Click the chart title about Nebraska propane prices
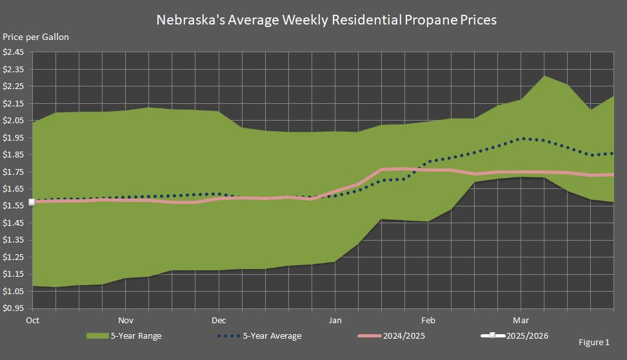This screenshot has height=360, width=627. click(x=326, y=20)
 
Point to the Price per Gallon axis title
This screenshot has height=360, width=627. click(x=35, y=37)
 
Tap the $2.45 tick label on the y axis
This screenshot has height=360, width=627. click(x=14, y=52)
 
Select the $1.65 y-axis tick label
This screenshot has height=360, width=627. click(x=14, y=189)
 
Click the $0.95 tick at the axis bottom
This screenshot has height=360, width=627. click(x=14, y=308)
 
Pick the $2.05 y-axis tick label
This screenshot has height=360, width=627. click(x=14, y=121)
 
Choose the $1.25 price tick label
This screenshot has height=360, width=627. click(x=14, y=257)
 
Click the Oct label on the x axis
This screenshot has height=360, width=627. click(x=32, y=319)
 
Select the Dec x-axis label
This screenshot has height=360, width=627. click(x=218, y=319)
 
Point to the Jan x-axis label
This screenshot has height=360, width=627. click(x=335, y=319)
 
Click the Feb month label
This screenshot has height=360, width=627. click(x=428, y=319)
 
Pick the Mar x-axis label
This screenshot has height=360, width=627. click(x=521, y=319)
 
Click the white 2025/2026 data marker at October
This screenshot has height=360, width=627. click(x=32, y=202)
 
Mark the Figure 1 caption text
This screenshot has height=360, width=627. click(x=593, y=343)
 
